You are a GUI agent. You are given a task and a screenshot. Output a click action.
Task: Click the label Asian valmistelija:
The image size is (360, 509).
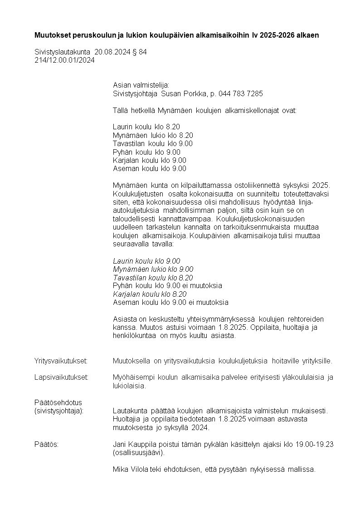(x=141, y=85)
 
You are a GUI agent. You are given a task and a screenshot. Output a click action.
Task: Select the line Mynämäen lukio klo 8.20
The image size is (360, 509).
(x=153, y=135)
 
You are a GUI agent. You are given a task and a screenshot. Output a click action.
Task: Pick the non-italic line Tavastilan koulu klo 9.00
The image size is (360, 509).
(x=152, y=143)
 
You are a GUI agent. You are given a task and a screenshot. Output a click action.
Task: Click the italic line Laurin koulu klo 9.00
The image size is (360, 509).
(x=146, y=261)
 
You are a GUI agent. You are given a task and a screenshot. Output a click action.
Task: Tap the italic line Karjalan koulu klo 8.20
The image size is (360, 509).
(x=150, y=294)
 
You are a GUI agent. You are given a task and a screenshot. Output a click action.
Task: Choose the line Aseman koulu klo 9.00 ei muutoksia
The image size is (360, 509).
(x=170, y=303)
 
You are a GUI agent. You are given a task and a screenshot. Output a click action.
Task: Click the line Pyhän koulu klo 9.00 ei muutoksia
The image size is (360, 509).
(x=167, y=286)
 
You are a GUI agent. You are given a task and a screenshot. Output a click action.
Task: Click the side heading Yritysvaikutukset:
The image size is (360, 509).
(x=61, y=361)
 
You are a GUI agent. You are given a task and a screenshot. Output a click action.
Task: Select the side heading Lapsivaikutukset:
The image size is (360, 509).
(x=61, y=377)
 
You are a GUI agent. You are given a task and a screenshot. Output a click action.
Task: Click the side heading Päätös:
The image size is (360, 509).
(x=46, y=445)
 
